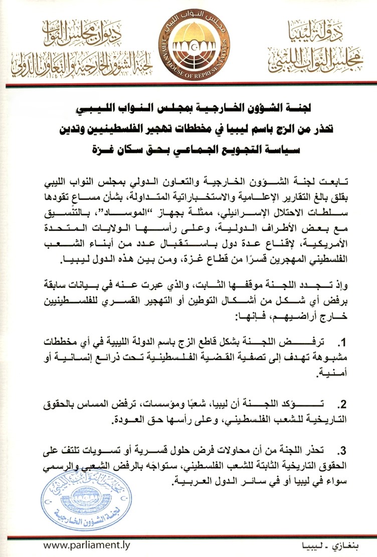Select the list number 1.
point(341,343)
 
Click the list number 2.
point(341,403)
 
